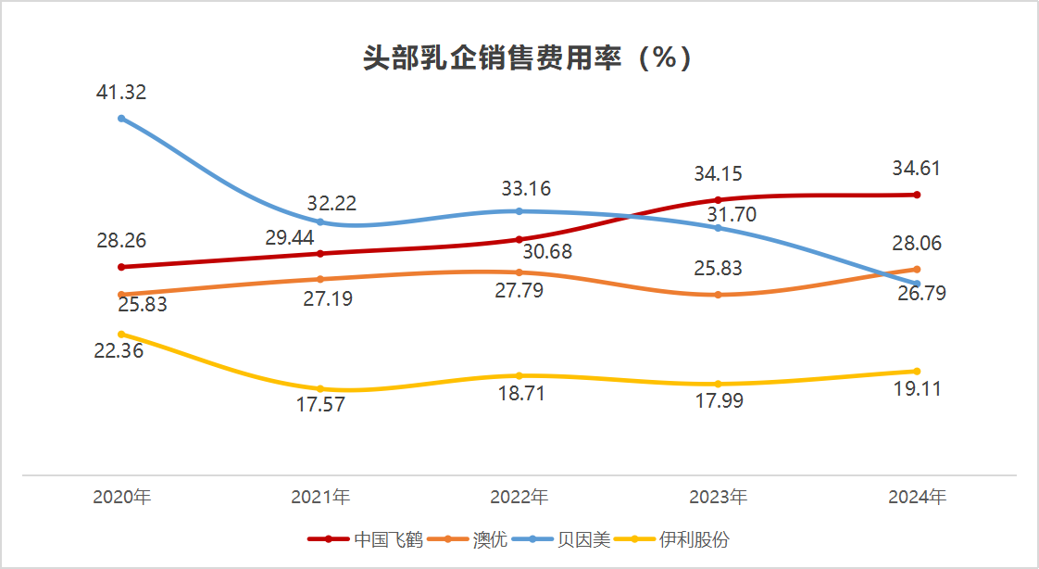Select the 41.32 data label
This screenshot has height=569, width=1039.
[121, 93]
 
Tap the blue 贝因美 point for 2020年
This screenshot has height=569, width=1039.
[121, 119]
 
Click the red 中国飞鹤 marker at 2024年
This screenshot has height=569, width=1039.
[917, 195]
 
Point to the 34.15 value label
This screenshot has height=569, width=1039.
[719, 174]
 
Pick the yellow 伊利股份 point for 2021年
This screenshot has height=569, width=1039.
[320, 388]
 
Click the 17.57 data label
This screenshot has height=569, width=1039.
[320, 406]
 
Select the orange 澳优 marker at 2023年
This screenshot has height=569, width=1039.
[718, 295]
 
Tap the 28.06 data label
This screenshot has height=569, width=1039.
[917, 245]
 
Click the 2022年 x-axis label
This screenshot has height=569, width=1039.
[519, 498]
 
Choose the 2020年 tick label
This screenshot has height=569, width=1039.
[121, 498]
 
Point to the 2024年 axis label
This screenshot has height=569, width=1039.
[917, 498]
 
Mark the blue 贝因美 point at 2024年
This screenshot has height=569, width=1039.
[917, 284]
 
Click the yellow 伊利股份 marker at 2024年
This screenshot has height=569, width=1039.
[917, 372]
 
